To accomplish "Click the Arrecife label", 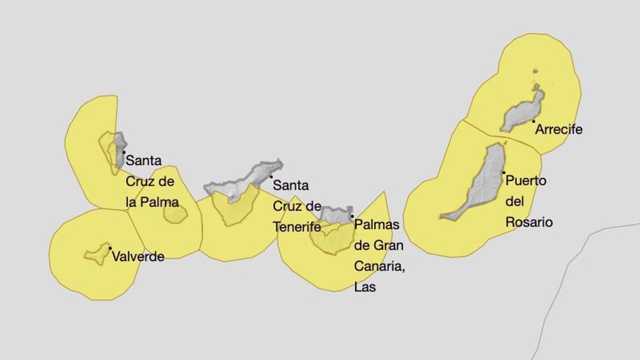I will [559, 130].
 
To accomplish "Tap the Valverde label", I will [138, 257].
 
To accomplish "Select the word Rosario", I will [529, 222].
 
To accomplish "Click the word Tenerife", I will [297, 227].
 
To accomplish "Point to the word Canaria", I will [379, 266].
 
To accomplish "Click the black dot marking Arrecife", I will [533, 122].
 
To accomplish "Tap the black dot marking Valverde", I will [110, 248].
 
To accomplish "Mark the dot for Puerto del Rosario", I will [503, 172].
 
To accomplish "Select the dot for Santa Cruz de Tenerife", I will [271, 177].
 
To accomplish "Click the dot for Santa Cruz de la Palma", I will [124, 153].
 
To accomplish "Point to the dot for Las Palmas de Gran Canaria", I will [352, 216].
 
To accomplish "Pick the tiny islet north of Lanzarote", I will [535, 71].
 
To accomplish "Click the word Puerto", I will [525, 181].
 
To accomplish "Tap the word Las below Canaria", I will [365, 287].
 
